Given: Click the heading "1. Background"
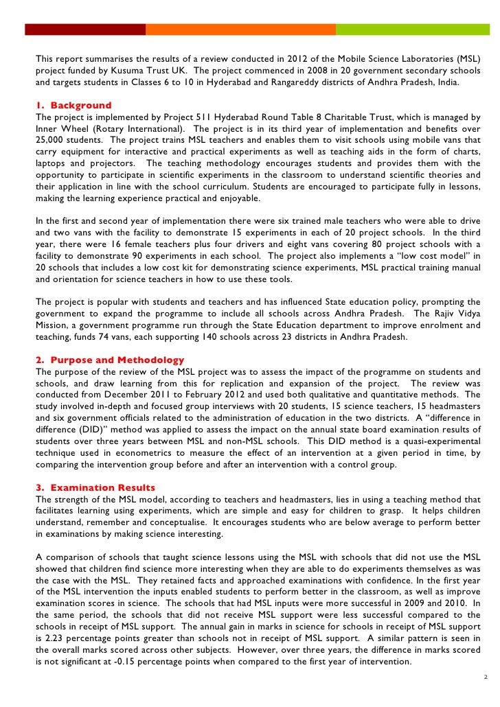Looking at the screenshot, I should point(73,106).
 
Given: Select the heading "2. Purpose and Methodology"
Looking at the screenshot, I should point(110,360).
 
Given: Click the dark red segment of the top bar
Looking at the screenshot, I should point(85,30).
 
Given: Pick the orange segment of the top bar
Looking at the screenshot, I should point(240,30).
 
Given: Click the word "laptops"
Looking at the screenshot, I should point(52,163).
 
